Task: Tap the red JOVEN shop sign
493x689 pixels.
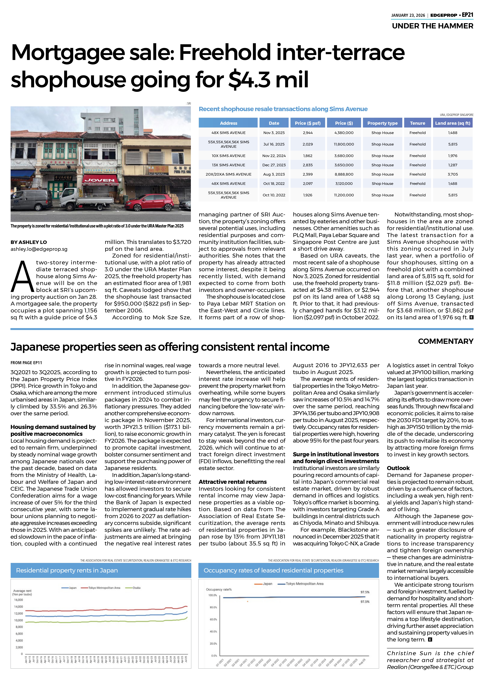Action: pos(100,180)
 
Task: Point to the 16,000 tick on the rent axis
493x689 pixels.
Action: pos(19,600)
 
